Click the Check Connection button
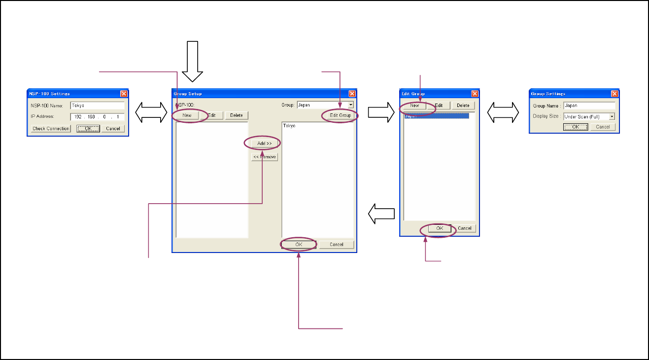point(51,129)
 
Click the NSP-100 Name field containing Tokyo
point(97,106)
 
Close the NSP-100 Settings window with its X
point(124,94)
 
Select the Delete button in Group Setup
point(237,115)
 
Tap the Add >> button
point(264,143)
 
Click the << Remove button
point(265,157)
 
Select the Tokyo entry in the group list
point(290,126)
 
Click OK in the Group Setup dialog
point(298,245)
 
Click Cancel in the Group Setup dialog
point(337,245)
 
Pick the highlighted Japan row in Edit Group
point(436,116)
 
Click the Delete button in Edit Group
point(463,106)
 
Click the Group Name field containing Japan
point(589,106)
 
